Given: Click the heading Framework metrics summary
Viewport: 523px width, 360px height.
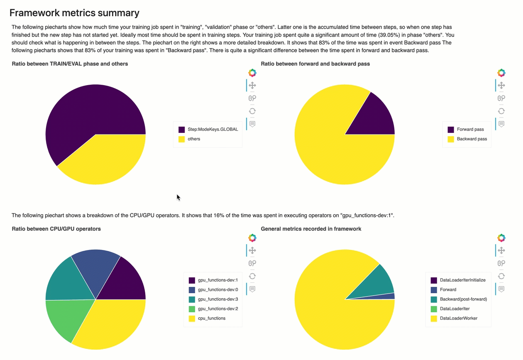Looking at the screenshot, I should coord(74,13).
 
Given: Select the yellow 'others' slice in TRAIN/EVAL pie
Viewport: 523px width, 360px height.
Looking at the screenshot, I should coord(104,160).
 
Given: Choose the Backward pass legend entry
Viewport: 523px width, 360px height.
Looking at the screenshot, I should coord(472,139).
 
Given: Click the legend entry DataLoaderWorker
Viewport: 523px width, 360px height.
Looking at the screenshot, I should coord(458,318).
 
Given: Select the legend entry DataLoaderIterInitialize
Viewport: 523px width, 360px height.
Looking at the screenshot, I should coord(462,280).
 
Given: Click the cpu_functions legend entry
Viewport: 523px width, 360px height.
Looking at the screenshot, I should coord(211,318).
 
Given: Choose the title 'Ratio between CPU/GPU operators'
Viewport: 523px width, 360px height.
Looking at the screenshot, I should coord(56,229).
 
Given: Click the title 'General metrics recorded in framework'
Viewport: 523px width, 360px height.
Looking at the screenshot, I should coord(311,229).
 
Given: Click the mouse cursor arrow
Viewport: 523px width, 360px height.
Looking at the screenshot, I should coord(178,197).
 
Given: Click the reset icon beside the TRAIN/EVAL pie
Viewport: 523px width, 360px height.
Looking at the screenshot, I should coord(252,111).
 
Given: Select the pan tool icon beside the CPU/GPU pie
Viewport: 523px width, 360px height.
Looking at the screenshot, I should coord(252,250).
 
